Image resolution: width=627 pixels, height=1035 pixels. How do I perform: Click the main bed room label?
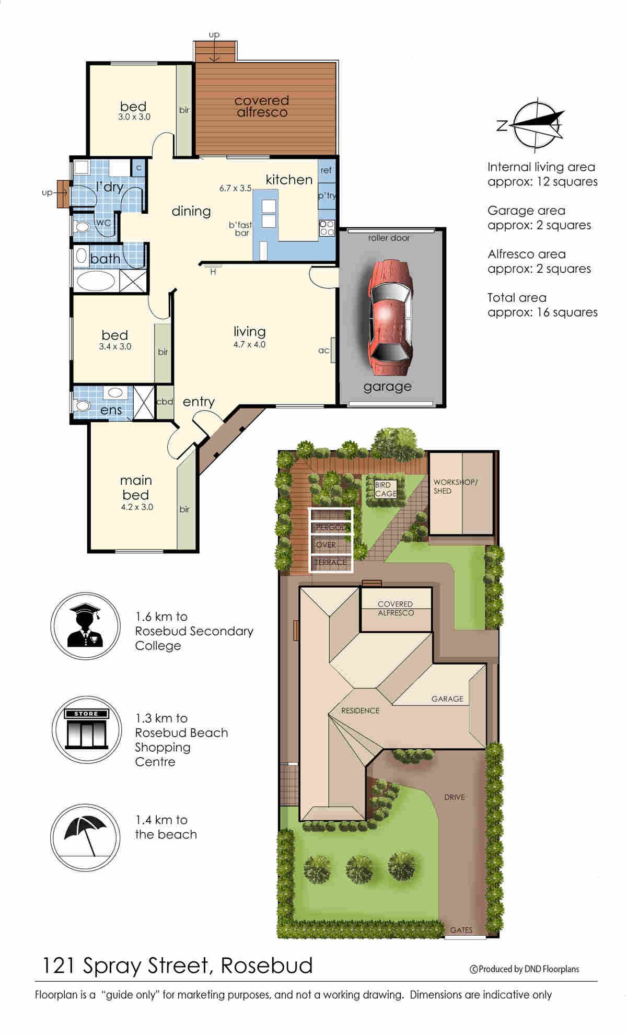tap(136, 487)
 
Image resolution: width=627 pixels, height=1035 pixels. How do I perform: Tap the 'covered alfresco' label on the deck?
tap(262, 106)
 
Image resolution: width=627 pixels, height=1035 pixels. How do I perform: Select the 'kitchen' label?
tap(289, 179)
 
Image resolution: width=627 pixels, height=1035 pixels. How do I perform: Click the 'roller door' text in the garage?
tap(389, 238)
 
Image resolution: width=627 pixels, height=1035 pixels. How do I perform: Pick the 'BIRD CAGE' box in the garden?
tap(386, 490)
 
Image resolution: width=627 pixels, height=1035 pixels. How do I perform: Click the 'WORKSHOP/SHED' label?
tap(455, 486)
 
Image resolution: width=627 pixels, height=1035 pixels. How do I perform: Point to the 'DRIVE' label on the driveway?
tap(455, 797)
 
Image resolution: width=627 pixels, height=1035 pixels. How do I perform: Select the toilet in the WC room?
tap(82, 227)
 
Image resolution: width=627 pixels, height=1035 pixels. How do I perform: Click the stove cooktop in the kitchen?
tap(327, 227)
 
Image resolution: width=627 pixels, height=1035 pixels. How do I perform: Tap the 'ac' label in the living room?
tap(324, 351)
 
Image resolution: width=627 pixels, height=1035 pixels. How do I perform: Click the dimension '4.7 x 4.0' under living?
tap(249, 344)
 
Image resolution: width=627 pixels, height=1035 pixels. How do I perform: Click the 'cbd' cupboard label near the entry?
tap(165, 402)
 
